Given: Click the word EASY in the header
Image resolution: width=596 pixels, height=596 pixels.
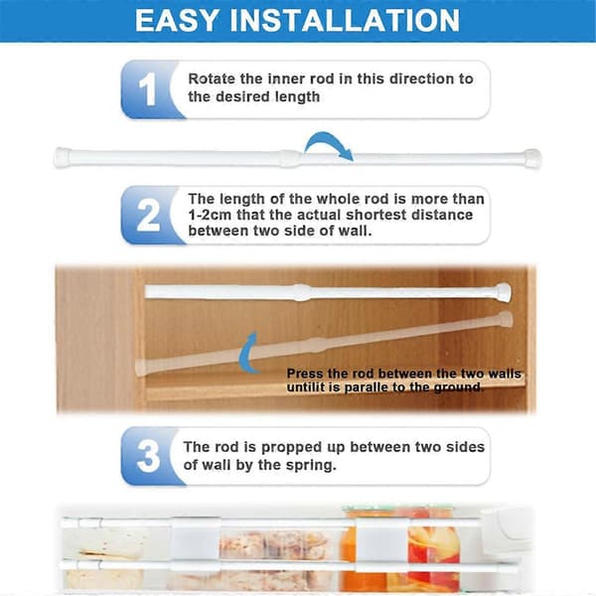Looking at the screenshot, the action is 177,21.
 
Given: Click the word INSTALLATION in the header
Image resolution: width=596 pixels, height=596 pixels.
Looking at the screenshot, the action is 345,21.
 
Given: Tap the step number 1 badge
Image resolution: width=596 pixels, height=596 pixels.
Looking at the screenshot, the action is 148,89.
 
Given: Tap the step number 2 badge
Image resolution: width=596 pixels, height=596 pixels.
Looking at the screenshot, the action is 148,216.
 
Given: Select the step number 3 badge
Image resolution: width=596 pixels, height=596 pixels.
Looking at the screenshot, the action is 148,456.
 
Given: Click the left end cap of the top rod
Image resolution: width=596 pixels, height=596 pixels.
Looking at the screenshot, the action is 63,157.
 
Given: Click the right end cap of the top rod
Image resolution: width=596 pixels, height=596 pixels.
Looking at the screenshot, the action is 532,158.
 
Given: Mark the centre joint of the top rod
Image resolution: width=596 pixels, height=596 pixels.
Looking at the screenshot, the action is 291,159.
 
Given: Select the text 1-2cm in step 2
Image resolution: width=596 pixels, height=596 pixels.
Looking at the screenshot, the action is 210,215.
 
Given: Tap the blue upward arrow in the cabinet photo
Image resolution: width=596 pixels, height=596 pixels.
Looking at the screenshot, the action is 248,352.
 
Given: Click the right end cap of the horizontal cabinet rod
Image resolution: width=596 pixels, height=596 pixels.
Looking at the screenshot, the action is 503,293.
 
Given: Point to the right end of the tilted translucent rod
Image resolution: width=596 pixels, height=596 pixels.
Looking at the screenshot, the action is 506,319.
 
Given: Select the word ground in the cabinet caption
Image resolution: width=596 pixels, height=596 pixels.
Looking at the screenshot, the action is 458,387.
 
